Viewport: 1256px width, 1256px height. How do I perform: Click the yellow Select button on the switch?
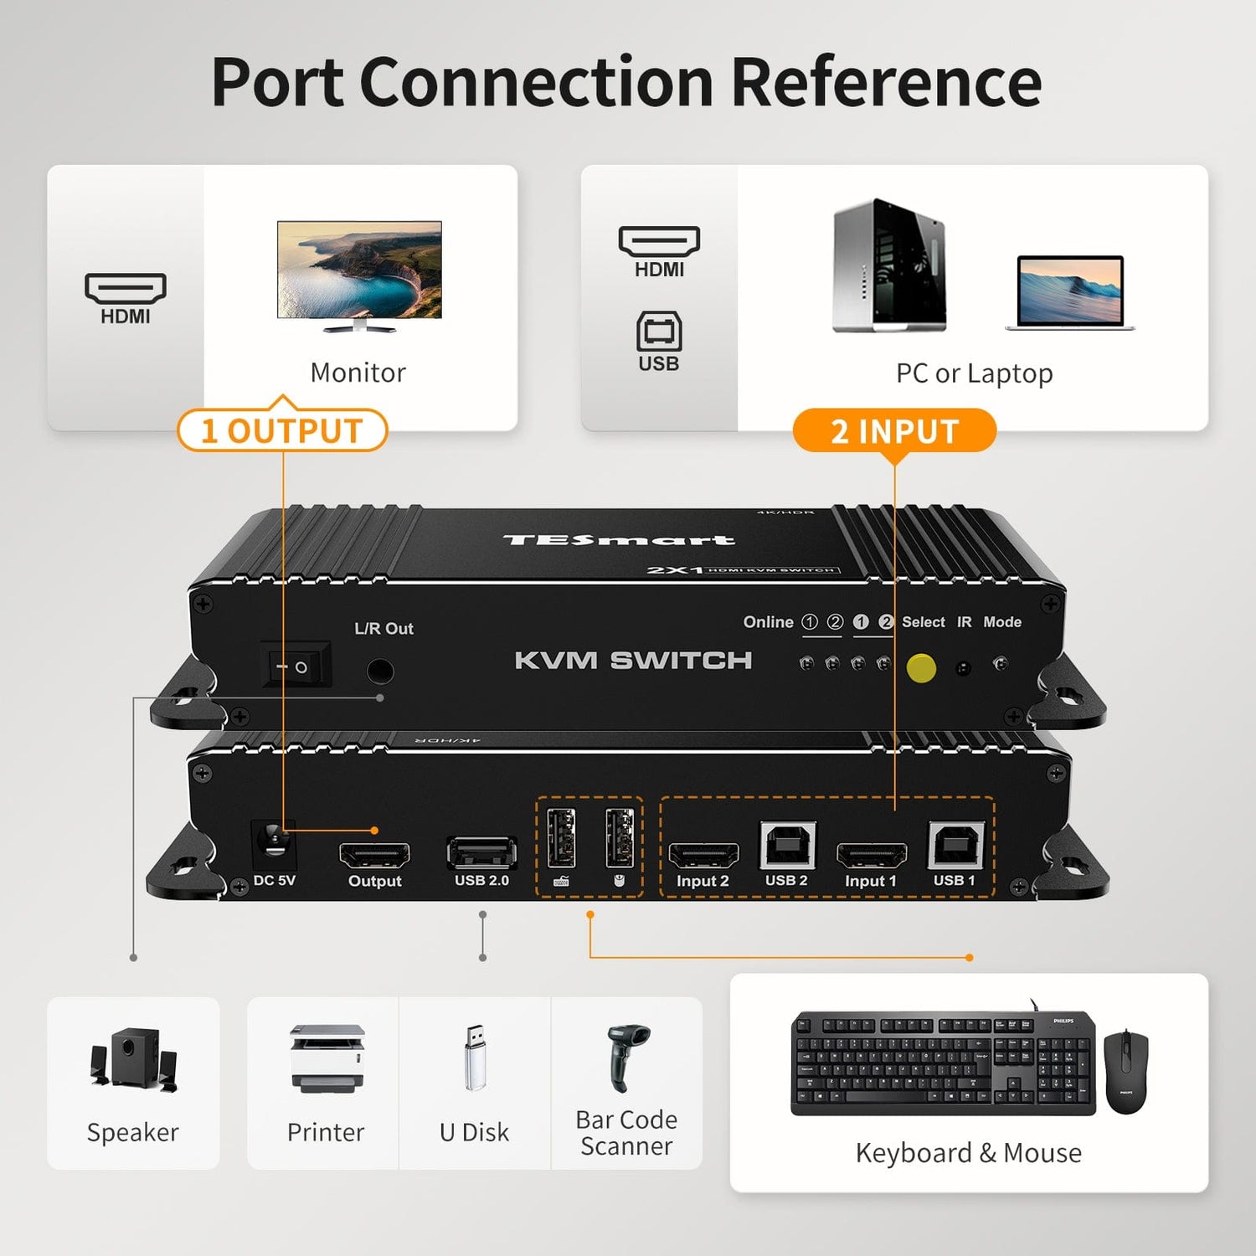921,668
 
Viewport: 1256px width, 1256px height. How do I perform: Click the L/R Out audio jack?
381,671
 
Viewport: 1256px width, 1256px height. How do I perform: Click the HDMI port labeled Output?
374,856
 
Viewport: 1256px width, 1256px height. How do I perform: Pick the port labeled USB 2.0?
481,852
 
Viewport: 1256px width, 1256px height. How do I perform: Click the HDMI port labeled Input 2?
703,855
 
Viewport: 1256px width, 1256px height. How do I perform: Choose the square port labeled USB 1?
955,845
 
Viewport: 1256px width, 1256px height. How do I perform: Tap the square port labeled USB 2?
787,845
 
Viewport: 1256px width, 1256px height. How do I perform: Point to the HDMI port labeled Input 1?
871,855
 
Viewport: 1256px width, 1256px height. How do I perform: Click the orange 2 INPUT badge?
894,431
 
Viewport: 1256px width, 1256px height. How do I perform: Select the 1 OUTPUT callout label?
282,430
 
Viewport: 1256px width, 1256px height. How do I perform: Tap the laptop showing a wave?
1069,292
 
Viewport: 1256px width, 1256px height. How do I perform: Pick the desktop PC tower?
889,265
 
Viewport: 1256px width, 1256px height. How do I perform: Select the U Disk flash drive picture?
475,1057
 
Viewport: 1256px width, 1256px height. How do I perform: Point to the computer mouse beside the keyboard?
1126,1072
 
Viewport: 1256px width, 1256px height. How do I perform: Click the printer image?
327,1058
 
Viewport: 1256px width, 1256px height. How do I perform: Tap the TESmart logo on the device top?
619,540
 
